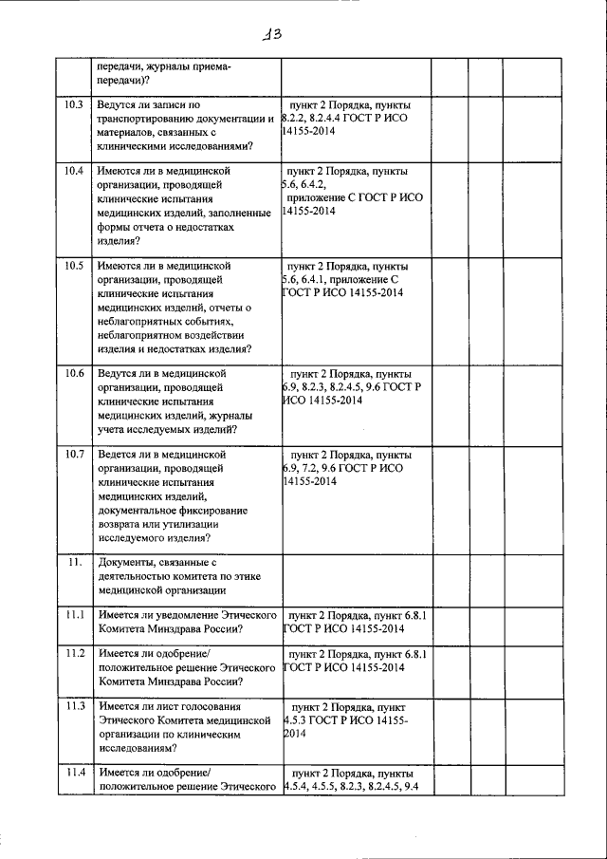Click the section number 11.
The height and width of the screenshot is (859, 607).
(74, 563)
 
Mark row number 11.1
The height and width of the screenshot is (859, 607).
(74, 615)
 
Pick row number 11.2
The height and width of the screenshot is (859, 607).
(74, 654)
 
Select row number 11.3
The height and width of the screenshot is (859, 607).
(74, 706)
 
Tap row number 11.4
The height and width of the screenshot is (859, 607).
(74, 773)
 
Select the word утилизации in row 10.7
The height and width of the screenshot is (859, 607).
(190, 524)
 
